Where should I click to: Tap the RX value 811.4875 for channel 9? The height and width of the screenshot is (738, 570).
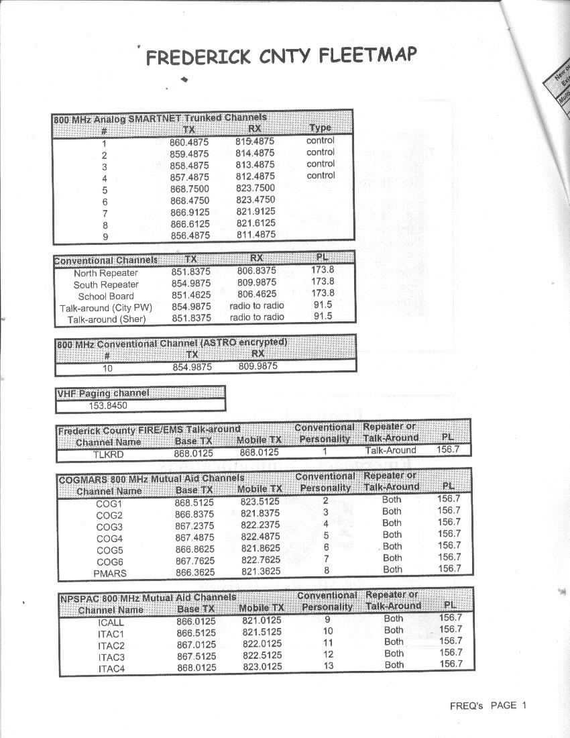point(255,235)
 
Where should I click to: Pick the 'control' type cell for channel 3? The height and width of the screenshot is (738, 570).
point(320,164)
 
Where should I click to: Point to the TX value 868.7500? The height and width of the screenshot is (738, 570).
point(189,189)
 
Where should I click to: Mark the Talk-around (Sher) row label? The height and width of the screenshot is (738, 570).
point(106,319)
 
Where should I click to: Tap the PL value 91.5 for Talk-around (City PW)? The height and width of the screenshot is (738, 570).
point(323,305)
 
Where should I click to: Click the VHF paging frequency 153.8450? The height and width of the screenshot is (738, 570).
point(108,405)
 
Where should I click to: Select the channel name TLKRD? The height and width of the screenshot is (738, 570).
point(108,454)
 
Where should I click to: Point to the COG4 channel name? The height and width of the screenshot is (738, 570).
point(110,538)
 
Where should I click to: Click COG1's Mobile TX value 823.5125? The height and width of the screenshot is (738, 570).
point(260,501)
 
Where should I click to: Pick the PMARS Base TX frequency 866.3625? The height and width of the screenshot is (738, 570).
point(194,573)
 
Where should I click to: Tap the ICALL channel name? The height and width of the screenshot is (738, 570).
point(111,622)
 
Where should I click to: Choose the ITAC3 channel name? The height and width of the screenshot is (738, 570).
point(111,657)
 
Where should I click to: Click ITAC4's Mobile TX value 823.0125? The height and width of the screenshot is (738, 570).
point(262,667)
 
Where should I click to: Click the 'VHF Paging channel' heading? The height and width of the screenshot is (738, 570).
point(103,392)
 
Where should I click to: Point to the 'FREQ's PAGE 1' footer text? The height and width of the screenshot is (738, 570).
point(488,705)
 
